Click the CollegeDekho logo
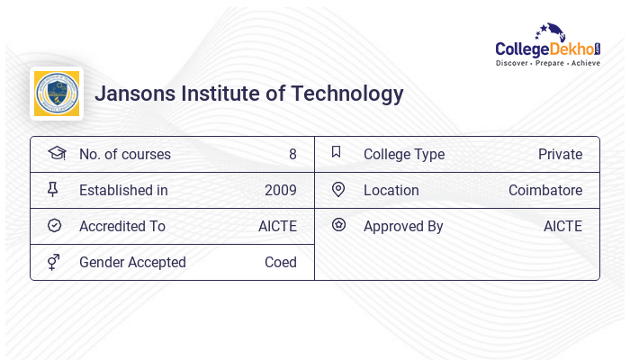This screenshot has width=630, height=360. (548, 46)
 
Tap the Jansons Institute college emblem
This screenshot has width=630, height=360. (56, 94)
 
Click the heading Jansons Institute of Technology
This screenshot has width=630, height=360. (249, 94)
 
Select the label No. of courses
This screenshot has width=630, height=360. (124, 154)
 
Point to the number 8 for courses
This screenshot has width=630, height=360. (292, 154)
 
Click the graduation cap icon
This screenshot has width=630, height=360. (56, 153)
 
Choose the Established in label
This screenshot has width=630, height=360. (123, 190)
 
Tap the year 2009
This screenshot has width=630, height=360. (280, 190)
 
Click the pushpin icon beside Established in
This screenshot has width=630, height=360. (53, 189)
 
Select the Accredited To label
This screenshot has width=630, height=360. (121, 226)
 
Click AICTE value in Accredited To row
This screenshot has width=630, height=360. (277, 226)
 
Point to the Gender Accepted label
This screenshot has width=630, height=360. (132, 262)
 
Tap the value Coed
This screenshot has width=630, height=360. (280, 262)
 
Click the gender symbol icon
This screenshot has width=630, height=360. (54, 262)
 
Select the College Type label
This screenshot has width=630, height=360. (403, 154)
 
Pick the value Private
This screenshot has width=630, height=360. (560, 154)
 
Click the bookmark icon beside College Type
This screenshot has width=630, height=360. (337, 152)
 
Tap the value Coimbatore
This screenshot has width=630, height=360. (545, 190)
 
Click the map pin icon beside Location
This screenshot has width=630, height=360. (338, 189)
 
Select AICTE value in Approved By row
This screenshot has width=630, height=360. (562, 226)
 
